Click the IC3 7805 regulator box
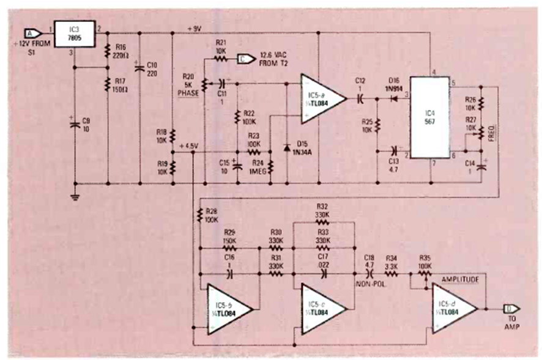click(x=75, y=33)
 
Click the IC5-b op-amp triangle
click(x=228, y=309)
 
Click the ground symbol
click(x=75, y=196)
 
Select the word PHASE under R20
click(x=185, y=92)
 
